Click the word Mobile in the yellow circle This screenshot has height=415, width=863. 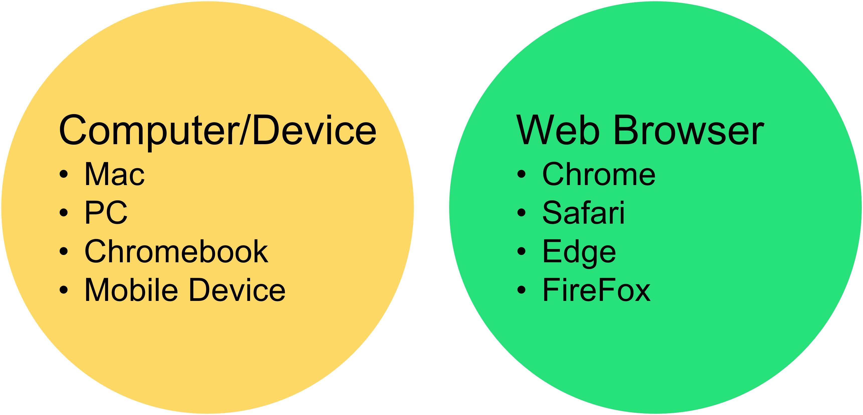tap(131, 290)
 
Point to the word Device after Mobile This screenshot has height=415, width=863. tap(237, 290)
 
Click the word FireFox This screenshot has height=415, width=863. tap(596, 290)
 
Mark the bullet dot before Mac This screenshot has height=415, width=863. tap(64, 174)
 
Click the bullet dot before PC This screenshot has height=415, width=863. tap(64, 213)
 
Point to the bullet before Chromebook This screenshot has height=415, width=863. tap(64, 251)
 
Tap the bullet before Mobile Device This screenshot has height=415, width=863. tap(64, 290)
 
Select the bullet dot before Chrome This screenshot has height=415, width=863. tap(521, 174)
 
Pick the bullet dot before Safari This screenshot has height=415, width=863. tap(521, 213)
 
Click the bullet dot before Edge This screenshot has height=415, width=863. tap(521, 251)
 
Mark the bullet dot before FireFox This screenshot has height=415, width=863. tap(521, 290)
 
